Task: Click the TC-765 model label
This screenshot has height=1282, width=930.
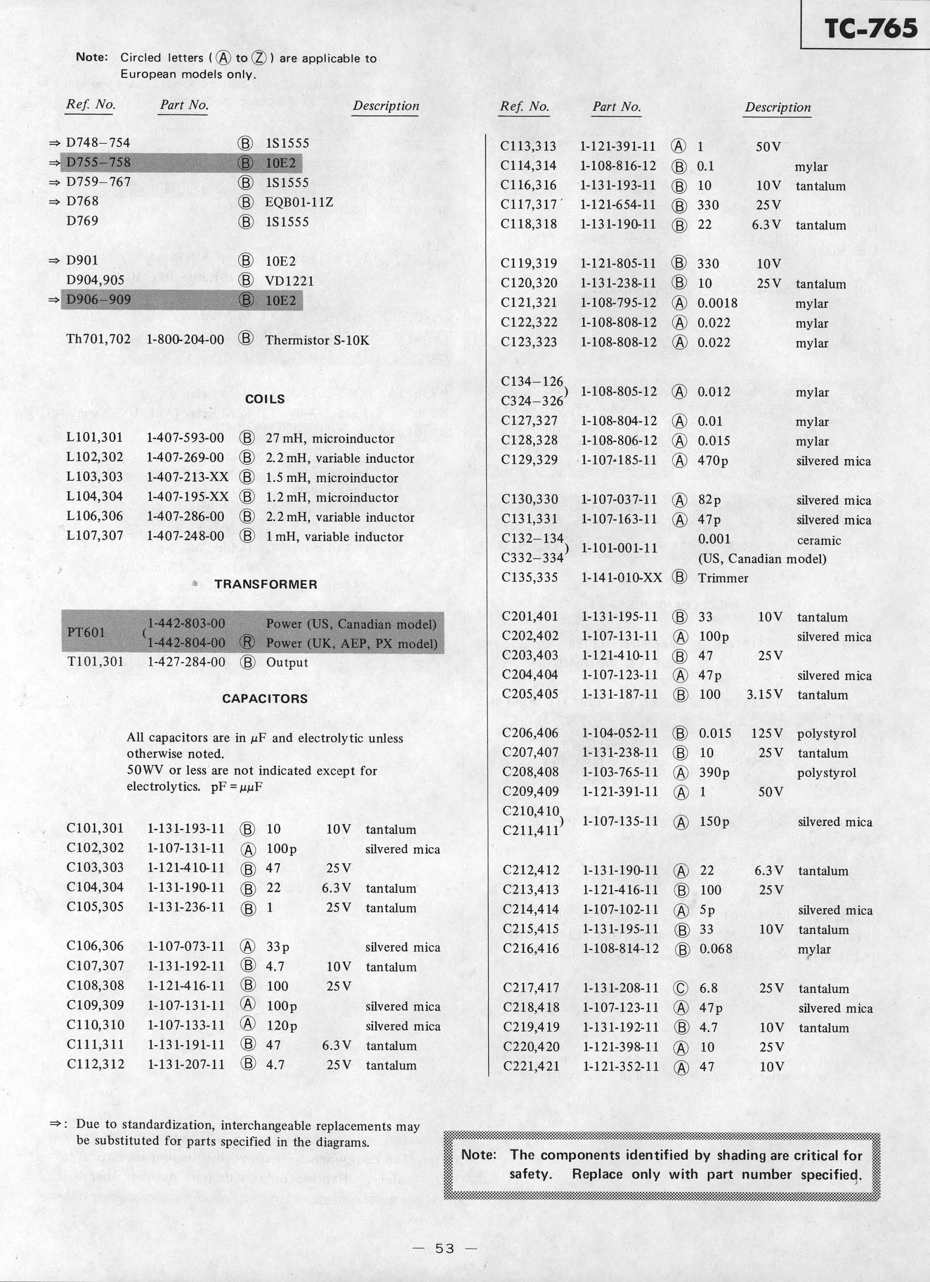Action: (x=871, y=28)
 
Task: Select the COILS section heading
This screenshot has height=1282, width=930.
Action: (x=265, y=399)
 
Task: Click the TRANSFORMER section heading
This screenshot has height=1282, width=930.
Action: (x=265, y=584)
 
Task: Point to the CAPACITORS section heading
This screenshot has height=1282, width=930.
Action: (x=265, y=699)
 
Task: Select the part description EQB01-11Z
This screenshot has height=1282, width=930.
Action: (x=299, y=202)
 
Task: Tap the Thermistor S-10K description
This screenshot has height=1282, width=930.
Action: (x=317, y=340)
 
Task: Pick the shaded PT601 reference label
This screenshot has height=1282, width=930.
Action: (x=86, y=632)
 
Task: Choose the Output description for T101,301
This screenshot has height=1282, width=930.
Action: (x=287, y=662)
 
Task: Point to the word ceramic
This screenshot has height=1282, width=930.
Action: (x=819, y=540)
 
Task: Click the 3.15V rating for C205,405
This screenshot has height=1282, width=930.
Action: (x=764, y=694)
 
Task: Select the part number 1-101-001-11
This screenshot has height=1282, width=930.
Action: (x=619, y=548)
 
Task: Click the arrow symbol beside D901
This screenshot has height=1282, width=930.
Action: (x=55, y=261)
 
